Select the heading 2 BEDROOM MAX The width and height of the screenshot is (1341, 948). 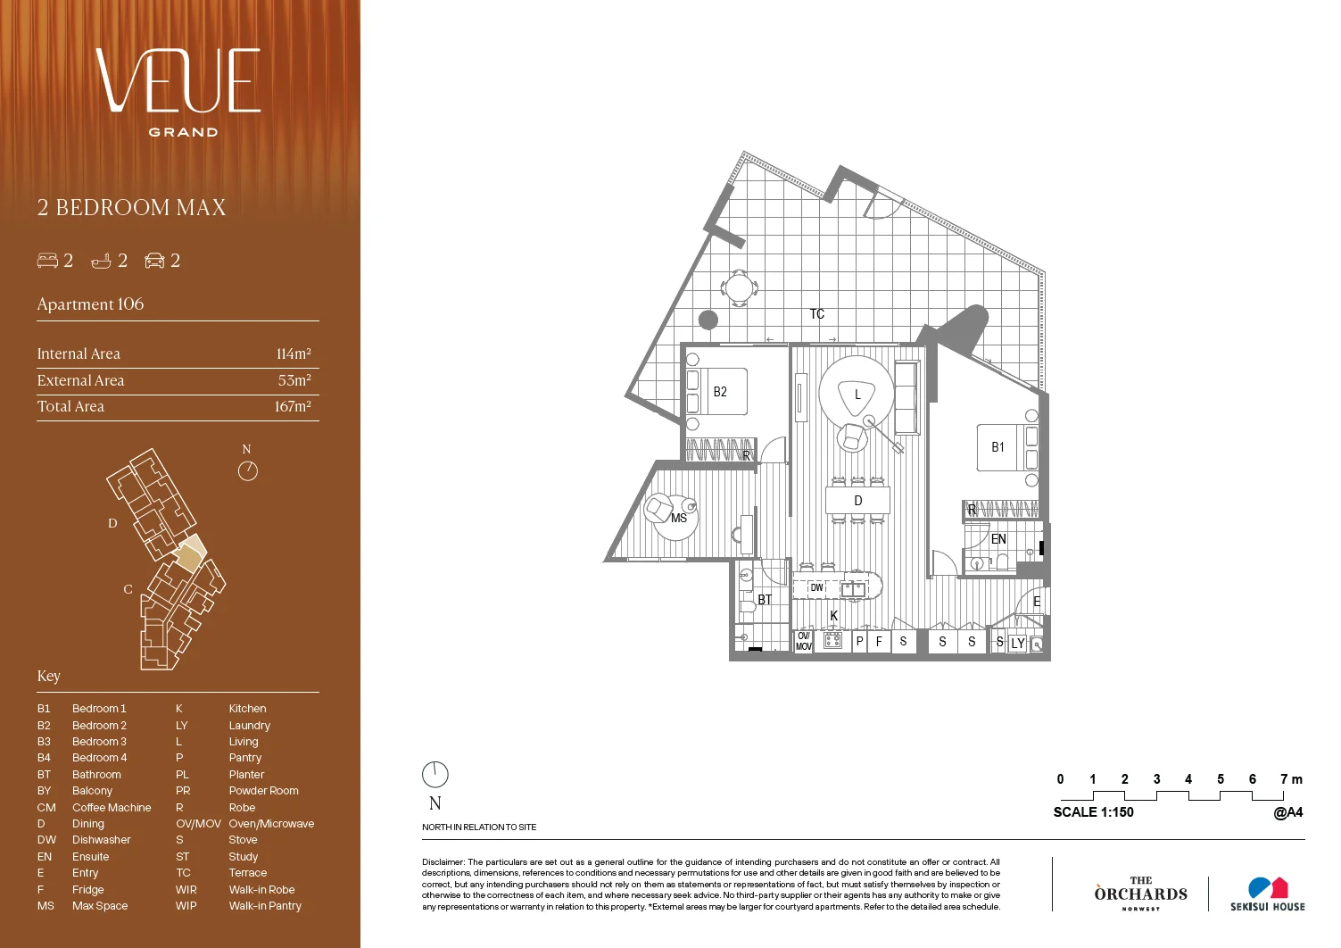(x=131, y=208)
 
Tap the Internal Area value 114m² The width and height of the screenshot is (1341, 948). (x=294, y=353)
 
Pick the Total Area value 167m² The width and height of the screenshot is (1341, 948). (x=293, y=406)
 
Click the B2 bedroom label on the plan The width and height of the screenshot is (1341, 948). (x=720, y=392)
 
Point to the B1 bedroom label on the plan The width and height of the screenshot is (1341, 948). (x=997, y=447)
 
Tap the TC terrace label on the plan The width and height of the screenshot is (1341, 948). (x=817, y=314)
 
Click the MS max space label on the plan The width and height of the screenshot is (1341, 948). (x=679, y=518)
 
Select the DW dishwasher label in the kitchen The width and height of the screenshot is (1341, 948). (x=816, y=588)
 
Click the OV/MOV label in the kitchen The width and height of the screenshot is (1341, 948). (x=804, y=641)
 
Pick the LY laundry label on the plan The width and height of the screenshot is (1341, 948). (x=1018, y=643)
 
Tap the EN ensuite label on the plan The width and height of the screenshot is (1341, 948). (x=998, y=539)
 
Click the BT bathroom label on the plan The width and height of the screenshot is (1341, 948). (x=765, y=600)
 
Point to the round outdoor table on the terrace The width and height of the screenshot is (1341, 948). (x=740, y=288)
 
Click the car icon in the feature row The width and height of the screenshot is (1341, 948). (x=155, y=261)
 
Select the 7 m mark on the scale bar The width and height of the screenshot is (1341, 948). (x=1290, y=779)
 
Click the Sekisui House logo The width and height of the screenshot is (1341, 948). (x=1267, y=894)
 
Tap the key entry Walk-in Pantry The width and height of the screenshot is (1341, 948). (x=265, y=906)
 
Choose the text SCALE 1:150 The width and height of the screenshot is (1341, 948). (x=1093, y=812)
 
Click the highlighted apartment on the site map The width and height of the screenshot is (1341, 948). (x=188, y=558)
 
